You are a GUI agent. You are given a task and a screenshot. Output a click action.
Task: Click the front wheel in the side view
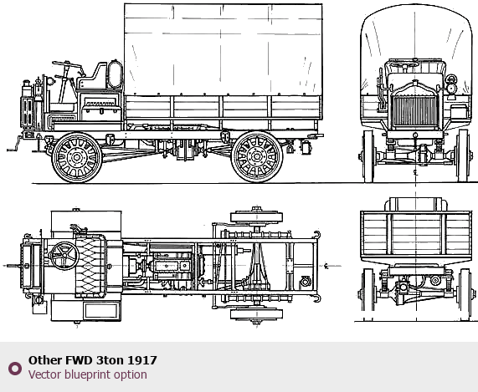[x=77, y=157]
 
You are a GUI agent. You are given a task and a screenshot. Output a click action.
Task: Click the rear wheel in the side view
[x=257, y=157]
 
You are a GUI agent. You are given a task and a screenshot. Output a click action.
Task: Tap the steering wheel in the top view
[x=64, y=256]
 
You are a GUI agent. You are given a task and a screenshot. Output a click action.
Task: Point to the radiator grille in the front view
[x=415, y=111]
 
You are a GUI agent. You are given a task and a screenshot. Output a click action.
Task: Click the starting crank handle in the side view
[x=14, y=145]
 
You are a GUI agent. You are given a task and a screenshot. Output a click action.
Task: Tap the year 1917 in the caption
[x=142, y=360]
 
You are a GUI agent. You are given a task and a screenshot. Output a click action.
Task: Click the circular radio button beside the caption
[x=15, y=369]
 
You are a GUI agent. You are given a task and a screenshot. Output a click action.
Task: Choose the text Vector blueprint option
[x=88, y=374]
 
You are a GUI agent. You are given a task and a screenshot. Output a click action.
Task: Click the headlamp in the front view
[x=451, y=84]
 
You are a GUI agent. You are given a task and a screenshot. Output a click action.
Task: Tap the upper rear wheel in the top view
[x=256, y=216]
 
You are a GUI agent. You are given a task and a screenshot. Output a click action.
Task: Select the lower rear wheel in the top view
[x=256, y=314]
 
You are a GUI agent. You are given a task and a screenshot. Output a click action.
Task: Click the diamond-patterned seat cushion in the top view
[x=90, y=266]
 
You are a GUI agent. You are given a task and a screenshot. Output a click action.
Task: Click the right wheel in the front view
[x=463, y=156]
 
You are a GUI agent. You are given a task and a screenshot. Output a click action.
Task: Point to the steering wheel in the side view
[x=67, y=64]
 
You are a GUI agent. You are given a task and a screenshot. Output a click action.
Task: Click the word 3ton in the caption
[x=110, y=360]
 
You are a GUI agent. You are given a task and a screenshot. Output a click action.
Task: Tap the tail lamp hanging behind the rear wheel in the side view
[x=306, y=147]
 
